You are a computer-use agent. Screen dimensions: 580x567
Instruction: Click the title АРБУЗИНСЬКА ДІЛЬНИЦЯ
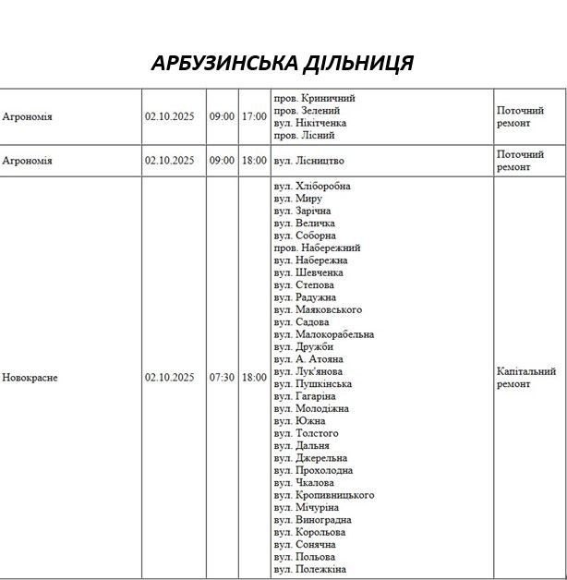(x=283, y=63)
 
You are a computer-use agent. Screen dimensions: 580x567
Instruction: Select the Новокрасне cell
(x=30, y=377)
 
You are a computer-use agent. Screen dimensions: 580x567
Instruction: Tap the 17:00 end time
(x=254, y=116)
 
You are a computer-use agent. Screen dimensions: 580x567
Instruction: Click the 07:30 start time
(x=222, y=377)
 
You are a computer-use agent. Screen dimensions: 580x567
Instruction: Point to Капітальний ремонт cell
(x=526, y=377)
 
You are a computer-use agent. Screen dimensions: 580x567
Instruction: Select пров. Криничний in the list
(x=315, y=98)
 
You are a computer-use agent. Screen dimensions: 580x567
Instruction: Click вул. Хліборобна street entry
(x=312, y=186)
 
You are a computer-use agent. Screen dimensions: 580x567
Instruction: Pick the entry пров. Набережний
(x=317, y=248)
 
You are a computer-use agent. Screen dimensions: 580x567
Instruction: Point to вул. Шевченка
(x=308, y=272)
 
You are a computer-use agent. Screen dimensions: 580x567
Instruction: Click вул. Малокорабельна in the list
(x=323, y=334)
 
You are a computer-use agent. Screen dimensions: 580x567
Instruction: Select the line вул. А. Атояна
(x=308, y=358)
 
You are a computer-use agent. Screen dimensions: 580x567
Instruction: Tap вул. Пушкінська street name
(x=312, y=383)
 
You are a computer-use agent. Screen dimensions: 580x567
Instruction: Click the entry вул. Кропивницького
(x=323, y=495)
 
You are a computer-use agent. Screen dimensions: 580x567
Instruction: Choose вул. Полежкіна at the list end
(x=309, y=569)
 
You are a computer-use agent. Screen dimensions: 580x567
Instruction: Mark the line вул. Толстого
(x=306, y=433)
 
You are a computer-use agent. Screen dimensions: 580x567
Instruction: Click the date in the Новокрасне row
(x=169, y=377)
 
